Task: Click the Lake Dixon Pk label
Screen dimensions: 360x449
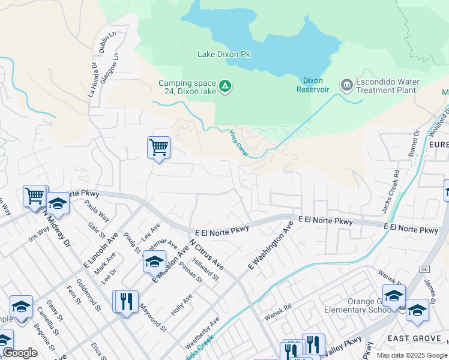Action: click(x=224, y=54)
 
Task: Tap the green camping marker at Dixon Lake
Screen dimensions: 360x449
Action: click(x=225, y=86)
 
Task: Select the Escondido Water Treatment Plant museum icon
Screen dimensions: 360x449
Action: click(x=346, y=85)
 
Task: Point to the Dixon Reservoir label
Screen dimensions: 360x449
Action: click(x=313, y=85)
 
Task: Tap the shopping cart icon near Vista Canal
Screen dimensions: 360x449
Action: click(x=158, y=146)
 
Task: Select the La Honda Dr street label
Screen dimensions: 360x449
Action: click(x=92, y=80)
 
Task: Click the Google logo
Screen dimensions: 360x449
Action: click(x=20, y=353)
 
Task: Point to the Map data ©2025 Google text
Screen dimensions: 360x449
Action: click(x=412, y=355)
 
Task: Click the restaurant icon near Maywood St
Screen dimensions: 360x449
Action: click(x=125, y=301)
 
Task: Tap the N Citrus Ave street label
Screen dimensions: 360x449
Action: click(x=206, y=255)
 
